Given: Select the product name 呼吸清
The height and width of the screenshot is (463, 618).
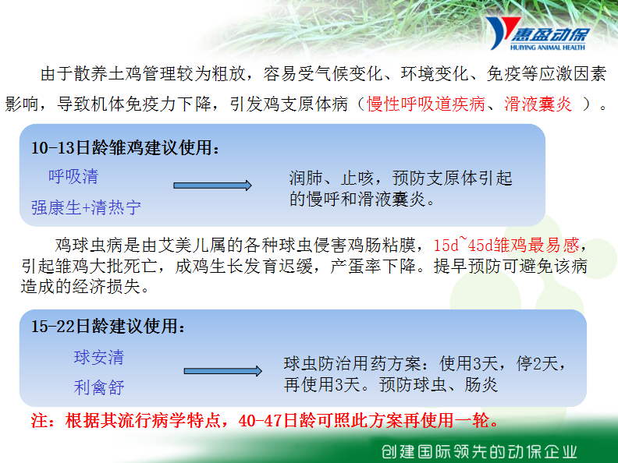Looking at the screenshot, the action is pos(73,176).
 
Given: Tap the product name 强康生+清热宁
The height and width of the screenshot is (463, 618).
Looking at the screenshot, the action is pos(86,207).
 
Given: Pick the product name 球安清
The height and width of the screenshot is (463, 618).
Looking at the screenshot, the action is pos(99,358).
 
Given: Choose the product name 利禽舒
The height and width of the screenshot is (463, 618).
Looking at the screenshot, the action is pos(99,387).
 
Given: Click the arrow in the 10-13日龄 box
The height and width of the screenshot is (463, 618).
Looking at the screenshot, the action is pos(212,186).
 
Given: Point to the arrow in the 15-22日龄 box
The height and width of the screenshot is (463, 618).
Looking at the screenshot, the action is pos(222,371).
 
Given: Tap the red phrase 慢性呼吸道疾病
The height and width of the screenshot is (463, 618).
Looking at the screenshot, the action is pos(426,104).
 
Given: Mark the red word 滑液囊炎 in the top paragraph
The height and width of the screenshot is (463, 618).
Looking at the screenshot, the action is pos(538,104).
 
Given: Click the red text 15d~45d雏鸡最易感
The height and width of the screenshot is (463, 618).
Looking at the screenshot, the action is pos(506,245).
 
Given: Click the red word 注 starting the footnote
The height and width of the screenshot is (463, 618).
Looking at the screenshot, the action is pos(40,420).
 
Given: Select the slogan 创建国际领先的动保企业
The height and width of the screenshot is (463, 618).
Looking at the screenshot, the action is pos(479,451).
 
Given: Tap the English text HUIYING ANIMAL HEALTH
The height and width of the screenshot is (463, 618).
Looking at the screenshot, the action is pos(548,48).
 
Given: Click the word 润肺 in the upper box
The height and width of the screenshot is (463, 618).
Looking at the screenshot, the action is pos(306,178).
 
